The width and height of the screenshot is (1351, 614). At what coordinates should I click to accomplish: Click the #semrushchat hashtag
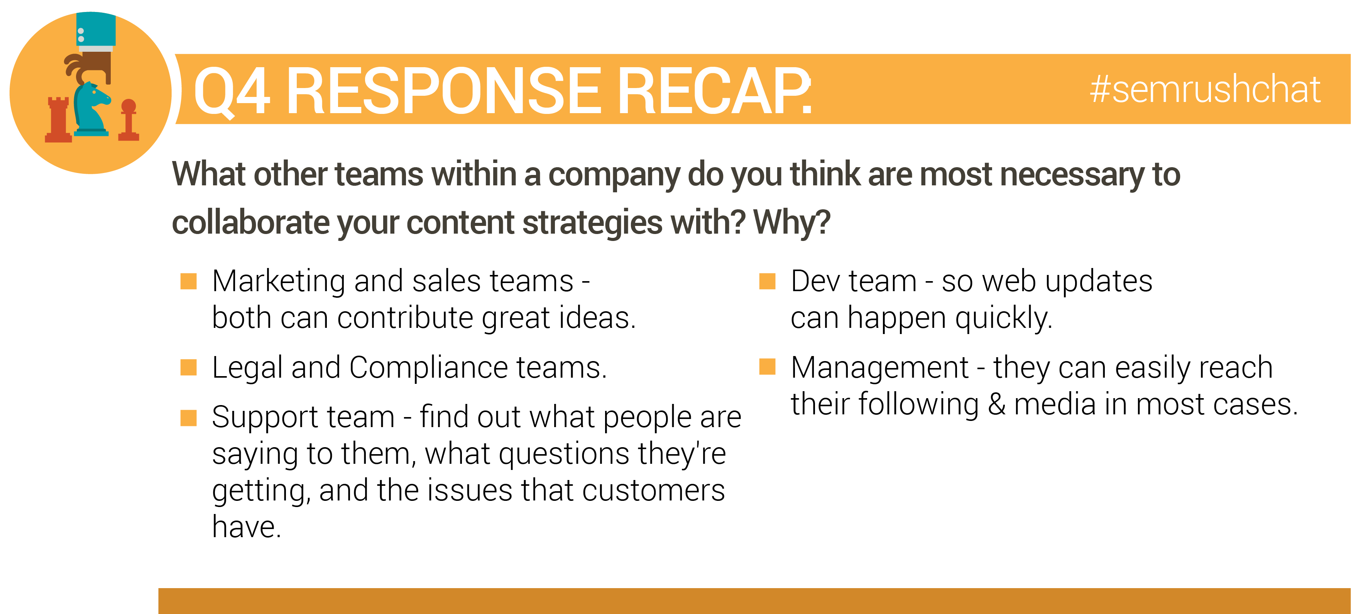pyautogui.click(x=1205, y=89)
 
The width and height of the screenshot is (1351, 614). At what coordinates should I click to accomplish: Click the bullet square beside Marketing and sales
pyautogui.click(x=188, y=281)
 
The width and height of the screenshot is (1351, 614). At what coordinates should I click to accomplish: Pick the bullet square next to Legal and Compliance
pyautogui.click(x=188, y=367)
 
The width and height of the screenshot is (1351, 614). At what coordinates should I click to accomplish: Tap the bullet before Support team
pyautogui.click(x=188, y=418)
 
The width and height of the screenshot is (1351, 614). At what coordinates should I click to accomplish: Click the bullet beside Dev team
pyautogui.click(x=767, y=281)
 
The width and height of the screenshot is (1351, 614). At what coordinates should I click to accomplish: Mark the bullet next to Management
pyautogui.click(x=767, y=366)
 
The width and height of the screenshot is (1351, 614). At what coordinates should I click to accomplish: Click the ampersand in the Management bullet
pyautogui.click(x=996, y=404)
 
